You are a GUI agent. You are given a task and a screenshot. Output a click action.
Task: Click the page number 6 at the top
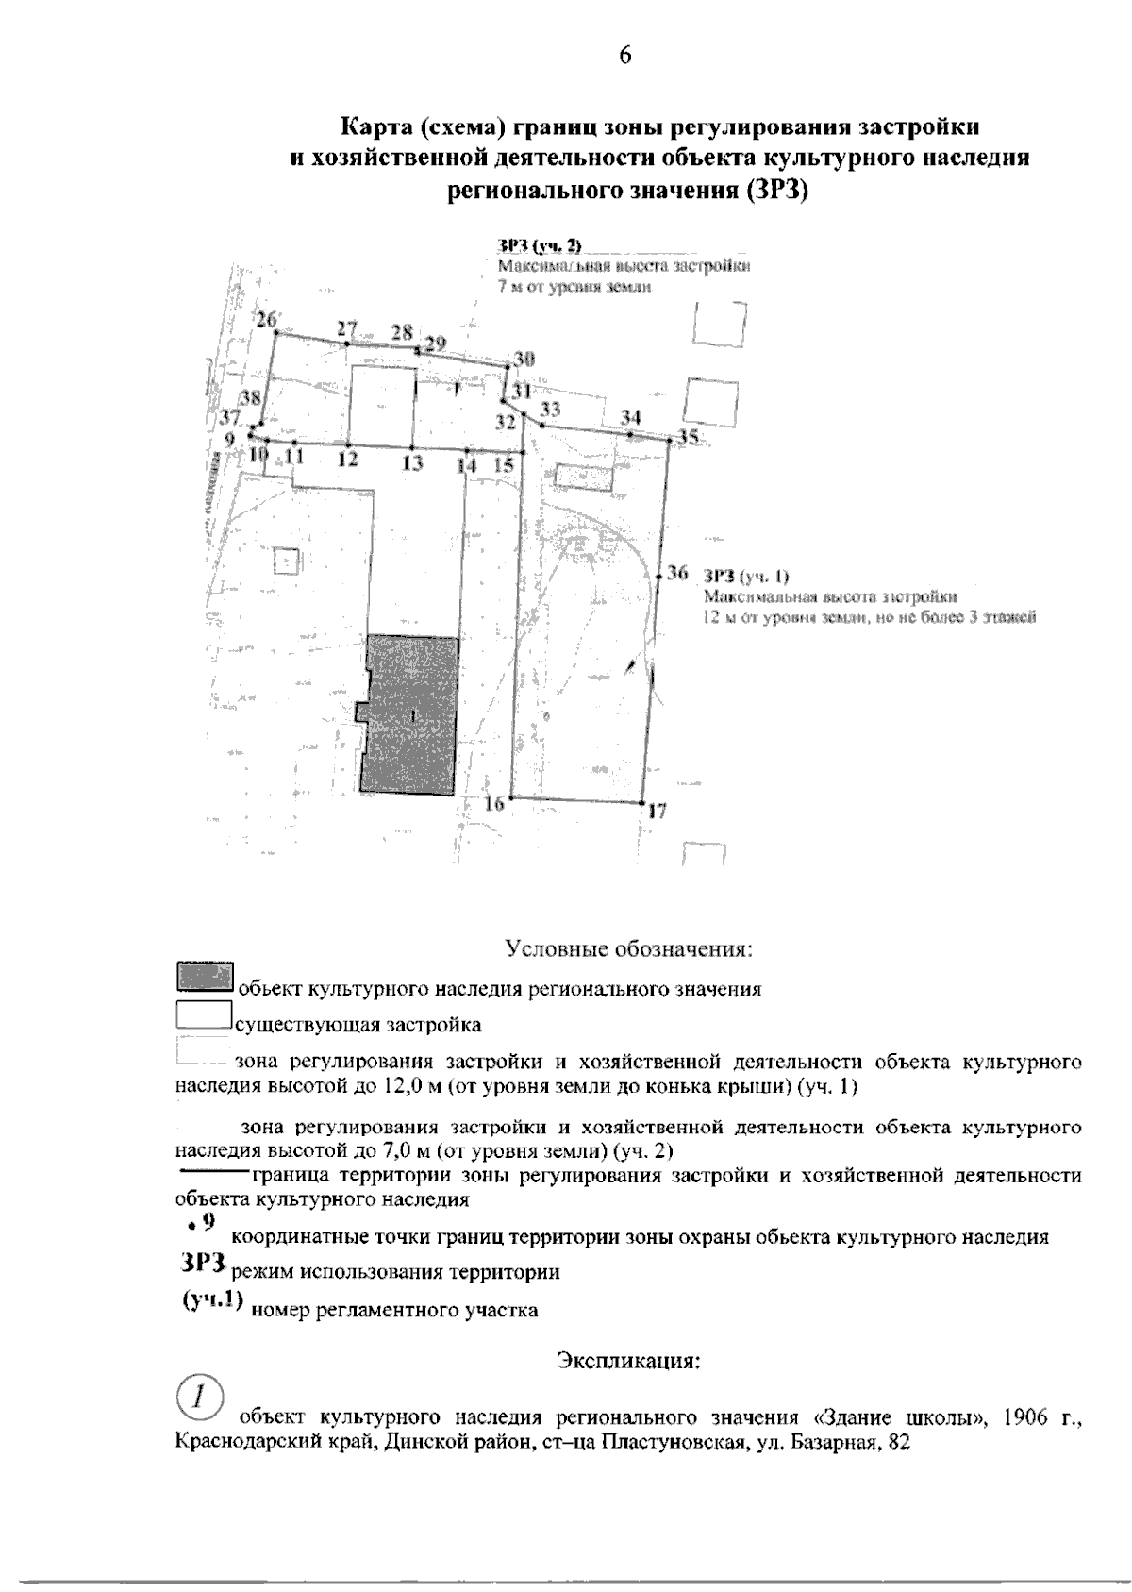coord(624,55)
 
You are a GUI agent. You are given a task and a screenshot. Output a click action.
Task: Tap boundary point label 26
coord(265,318)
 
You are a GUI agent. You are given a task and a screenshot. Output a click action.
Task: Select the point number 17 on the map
coord(658,811)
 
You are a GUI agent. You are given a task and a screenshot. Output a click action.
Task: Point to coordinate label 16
coord(494,803)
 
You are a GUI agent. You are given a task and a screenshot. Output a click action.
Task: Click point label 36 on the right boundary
coord(677,573)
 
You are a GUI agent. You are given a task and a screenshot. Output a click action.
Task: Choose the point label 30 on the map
coord(524,359)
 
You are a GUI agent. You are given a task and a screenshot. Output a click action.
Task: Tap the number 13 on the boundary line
coord(411,463)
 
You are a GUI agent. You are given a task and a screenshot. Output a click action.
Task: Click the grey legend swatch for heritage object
coord(204,976)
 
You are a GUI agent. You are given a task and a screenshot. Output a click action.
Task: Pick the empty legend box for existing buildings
coord(204,1014)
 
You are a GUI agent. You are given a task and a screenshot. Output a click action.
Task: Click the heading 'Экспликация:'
coord(628,1362)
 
